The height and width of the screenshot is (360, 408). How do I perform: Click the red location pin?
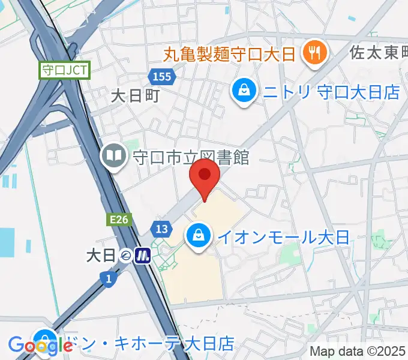pos(205,176)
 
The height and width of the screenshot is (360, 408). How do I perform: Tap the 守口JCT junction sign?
pos(65,70)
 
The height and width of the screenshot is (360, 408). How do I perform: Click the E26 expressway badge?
pos(119,220)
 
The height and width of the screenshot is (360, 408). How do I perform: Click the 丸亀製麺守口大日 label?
pos(230,55)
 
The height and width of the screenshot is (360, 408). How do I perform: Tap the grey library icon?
pos(113,157)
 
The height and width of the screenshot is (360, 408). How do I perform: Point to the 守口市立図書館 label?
pos(191,158)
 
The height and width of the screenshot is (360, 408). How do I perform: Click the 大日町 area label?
pos(135,95)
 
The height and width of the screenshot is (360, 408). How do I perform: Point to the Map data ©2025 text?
pos(358,352)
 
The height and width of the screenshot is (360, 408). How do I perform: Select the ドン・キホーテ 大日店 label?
pos(150,344)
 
